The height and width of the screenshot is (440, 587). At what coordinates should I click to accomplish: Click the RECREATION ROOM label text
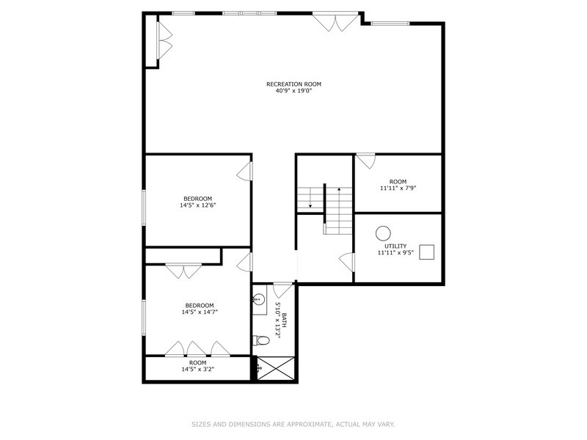click(293, 84)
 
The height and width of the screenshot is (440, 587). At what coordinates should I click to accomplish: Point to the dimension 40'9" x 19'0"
click(293, 92)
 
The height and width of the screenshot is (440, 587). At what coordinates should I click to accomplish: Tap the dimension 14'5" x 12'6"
click(197, 206)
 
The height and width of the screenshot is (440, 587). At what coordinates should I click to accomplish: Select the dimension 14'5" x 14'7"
click(200, 312)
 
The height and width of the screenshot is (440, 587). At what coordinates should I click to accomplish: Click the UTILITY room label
click(395, 246)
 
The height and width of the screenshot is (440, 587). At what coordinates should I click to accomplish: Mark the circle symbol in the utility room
click(383, 232)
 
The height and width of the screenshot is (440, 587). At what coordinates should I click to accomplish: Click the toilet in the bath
click(258, 340)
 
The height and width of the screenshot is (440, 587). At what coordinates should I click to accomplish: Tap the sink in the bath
click(258, 299)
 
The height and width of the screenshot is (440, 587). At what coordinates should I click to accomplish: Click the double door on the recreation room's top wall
click(335, 23)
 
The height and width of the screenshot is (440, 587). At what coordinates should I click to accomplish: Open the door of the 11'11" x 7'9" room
click(365, 159)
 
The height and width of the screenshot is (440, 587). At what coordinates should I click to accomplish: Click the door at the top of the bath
click(283, 289)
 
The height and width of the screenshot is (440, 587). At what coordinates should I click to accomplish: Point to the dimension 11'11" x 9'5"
click(395, 254)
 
